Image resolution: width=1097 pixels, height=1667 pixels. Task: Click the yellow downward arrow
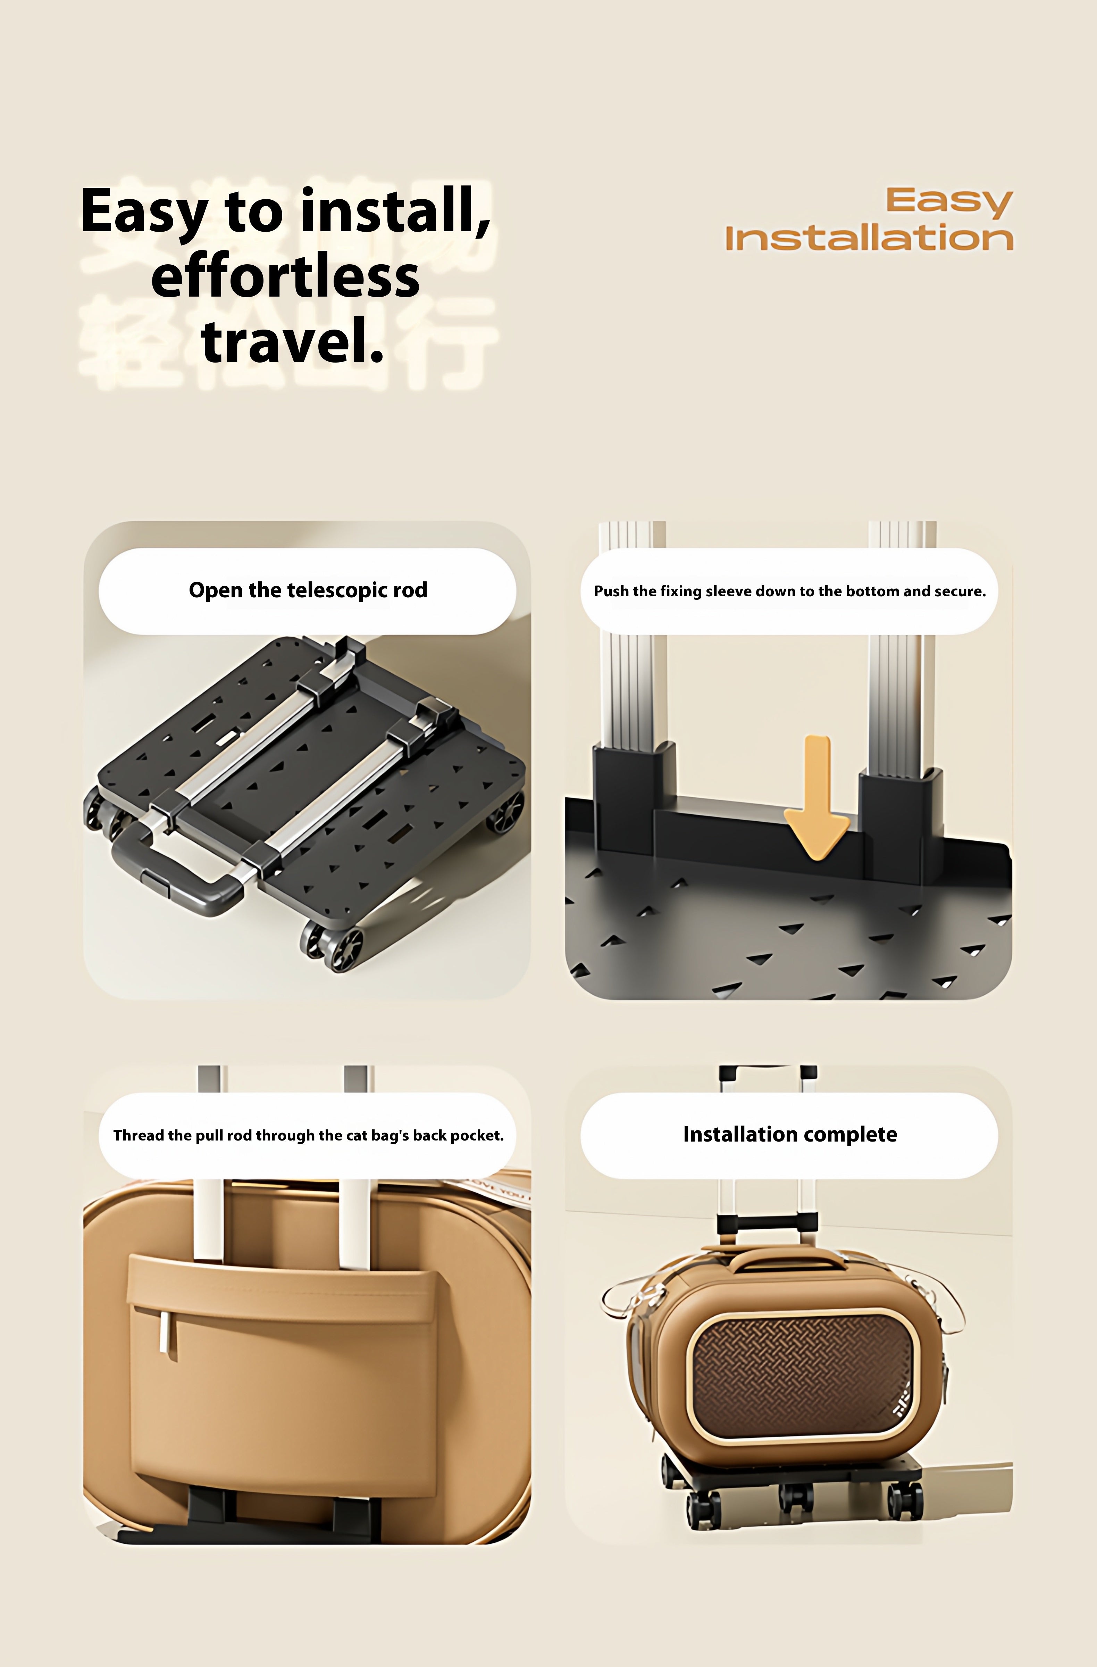[x=817, y=798]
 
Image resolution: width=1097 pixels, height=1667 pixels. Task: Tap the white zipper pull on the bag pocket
[x=164, y=1331]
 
